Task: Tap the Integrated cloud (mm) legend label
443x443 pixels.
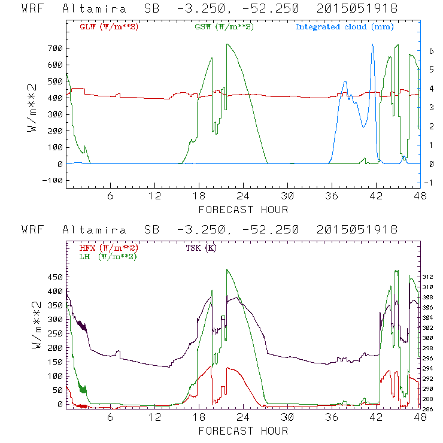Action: click(344, 26)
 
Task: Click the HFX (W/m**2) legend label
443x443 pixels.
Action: click(105, 247)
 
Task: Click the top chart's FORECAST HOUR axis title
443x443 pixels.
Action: click(243, 210)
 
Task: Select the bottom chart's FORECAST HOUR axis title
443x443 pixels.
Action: click(243, 430)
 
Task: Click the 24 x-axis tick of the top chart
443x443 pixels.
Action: click(243, 196)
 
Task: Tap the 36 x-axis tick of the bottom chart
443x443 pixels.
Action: click(332, 417)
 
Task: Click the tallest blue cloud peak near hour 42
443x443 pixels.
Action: click(372, 44)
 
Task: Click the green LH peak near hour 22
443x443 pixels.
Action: click(226, 269)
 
